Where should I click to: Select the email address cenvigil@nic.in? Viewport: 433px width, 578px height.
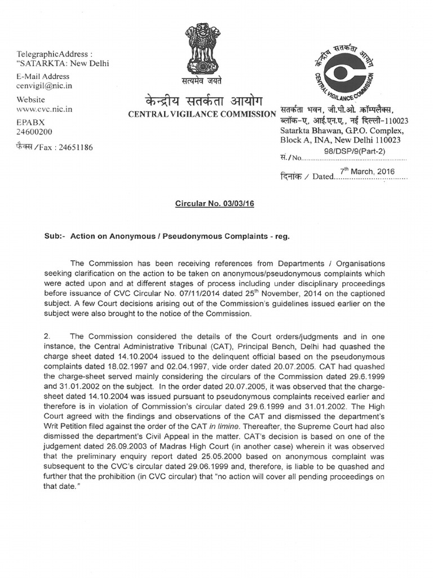[44, 86]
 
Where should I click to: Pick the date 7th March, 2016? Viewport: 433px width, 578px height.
[367, 172]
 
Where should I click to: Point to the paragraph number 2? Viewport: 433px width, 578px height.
[47, 337]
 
